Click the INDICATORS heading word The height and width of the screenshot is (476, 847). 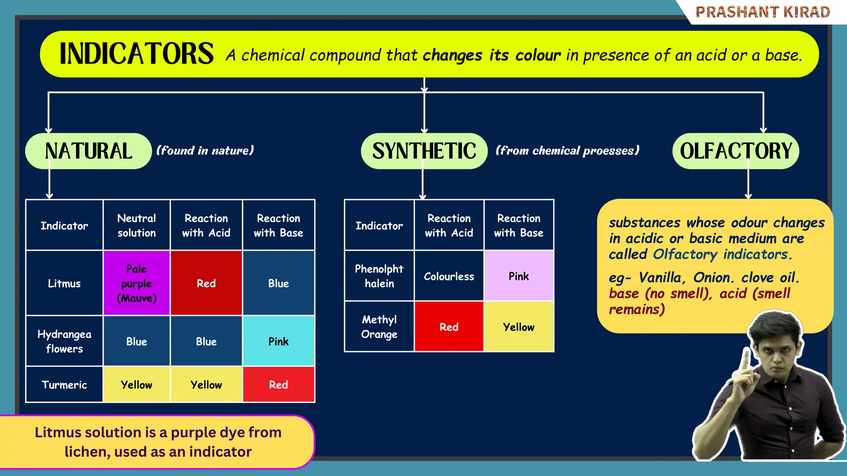[136, 54]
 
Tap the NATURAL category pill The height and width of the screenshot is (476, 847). [89, 151]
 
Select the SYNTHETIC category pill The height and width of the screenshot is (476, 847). [424, 151]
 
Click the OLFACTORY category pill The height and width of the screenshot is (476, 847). [736, 151]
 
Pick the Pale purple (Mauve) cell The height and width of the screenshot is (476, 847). [136, 283]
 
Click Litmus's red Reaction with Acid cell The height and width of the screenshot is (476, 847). [206, 283]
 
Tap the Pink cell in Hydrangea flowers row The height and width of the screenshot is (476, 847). [278, 341]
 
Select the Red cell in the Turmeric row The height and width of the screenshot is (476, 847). [278, 385]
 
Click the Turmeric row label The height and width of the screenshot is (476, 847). [64, 385]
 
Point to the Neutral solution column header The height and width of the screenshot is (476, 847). [136, 225]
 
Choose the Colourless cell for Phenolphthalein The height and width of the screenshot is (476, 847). [449, 276]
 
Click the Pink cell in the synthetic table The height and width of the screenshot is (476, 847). [519, 276]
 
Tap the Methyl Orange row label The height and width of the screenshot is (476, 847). [379, 326]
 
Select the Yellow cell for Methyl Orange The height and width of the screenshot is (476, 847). [519, 327]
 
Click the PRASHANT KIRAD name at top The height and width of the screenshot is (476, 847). [763, 12]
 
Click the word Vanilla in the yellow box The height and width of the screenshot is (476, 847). [660, 277]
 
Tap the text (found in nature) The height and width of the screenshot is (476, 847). [205, 150]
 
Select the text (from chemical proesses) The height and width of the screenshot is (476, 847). [567, 150]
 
